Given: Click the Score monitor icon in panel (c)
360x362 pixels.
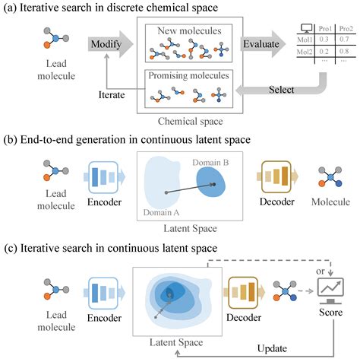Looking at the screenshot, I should click(x=330, y=290).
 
